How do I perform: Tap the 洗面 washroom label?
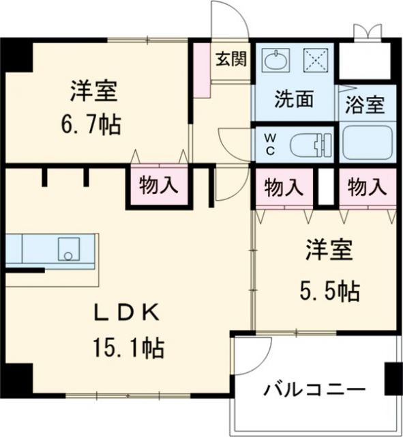pyautogui.click(x=294, y=100)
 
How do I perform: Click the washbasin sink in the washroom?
pyautogui.click(x=277, y=61)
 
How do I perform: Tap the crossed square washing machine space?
pyautogui.click(x=316, y=60)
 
